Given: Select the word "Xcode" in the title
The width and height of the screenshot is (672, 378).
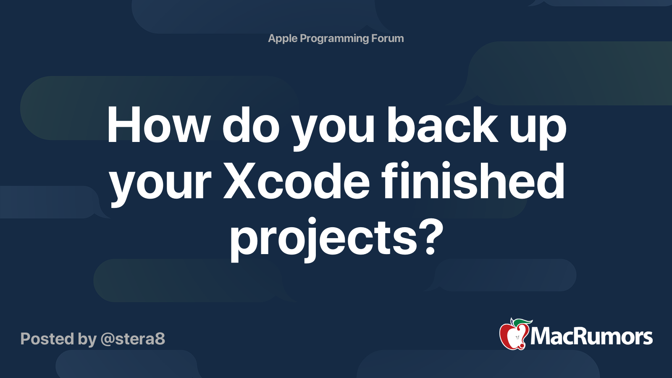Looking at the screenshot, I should click(x=297, y=182).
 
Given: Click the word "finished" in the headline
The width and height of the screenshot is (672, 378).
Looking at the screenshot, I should click(x=473, y=182).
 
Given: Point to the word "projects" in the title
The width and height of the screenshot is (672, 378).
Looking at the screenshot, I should click(x=323, y=239).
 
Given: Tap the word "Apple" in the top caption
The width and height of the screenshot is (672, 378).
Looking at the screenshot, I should click(x=283, y=39).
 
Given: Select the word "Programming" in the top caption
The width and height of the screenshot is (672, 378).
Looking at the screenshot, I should click(x=334, y=39).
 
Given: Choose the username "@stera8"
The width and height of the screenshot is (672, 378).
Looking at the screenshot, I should click(x=133, y=339).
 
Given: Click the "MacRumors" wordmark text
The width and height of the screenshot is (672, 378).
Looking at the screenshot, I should click(x=591, y=337).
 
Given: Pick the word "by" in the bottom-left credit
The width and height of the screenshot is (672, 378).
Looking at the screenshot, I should click(x=87, y=339).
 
